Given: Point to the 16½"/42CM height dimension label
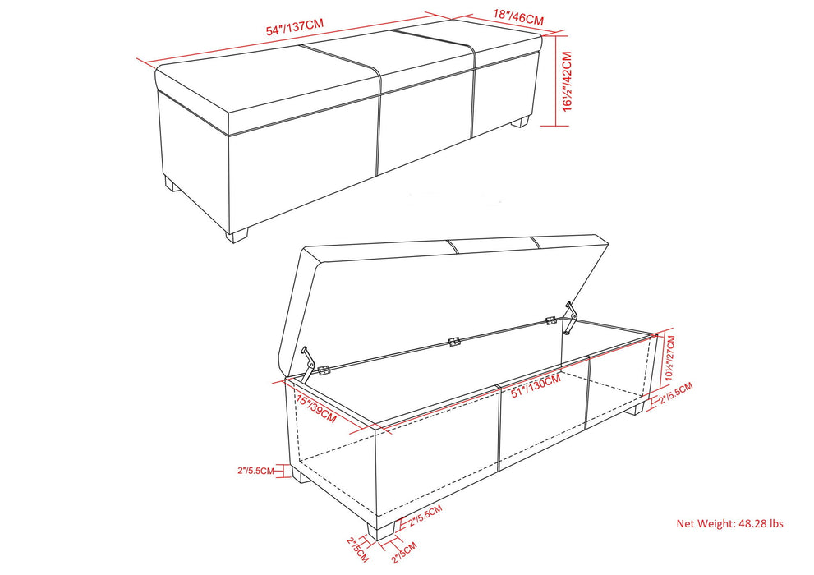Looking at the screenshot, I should coord(566,85).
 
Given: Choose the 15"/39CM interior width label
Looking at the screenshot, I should coord(316,406).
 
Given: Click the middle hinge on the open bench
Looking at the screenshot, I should coord(452,340).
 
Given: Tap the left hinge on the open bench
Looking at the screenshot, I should coord(324,370).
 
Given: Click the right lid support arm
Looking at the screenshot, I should coord(570,318).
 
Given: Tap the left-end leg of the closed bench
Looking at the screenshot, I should coord(172,185).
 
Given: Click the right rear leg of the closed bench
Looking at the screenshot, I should coord(520,122).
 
